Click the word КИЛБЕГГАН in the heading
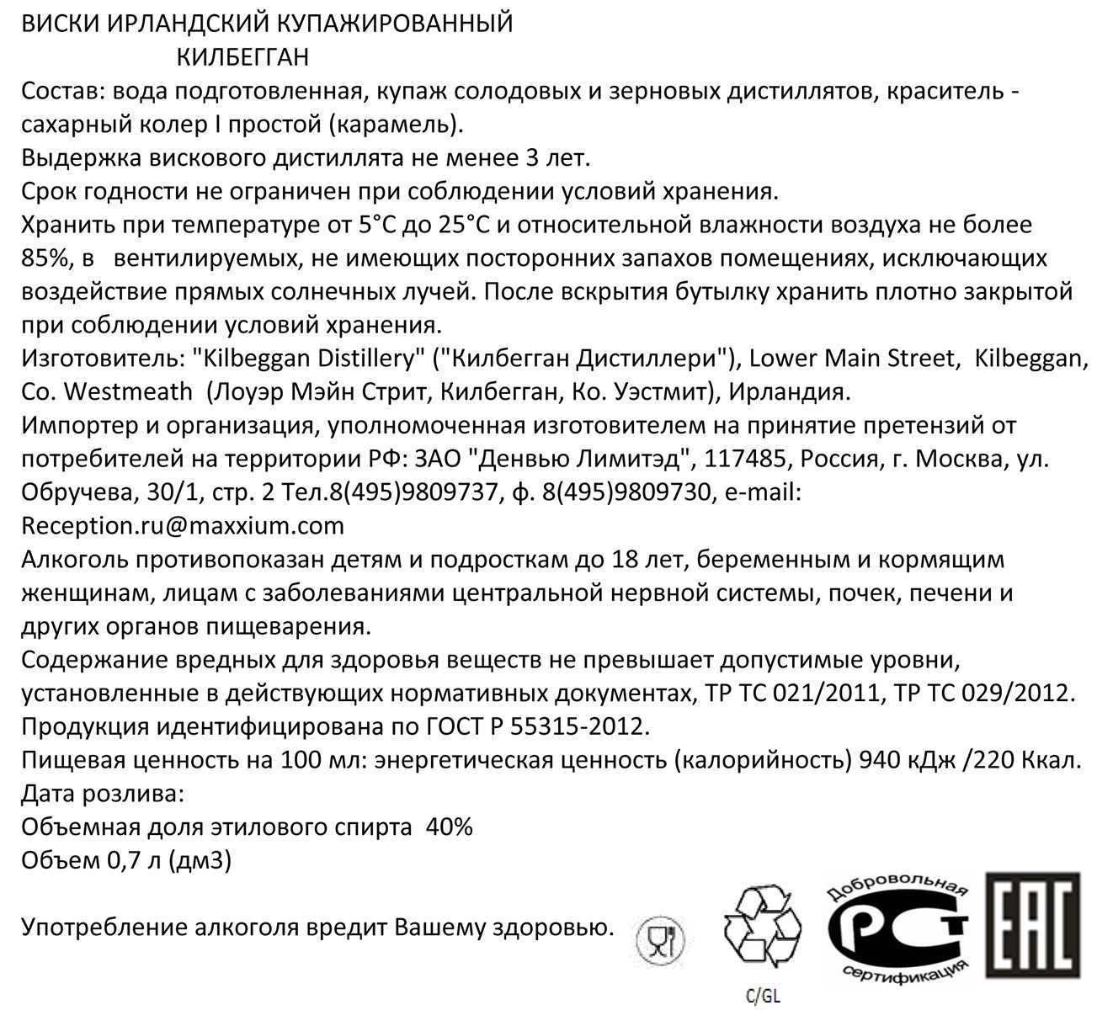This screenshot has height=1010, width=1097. pyautogui.click(x=242, y=56)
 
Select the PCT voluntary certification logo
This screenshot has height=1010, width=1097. pyautogui.click(x=897, y=928)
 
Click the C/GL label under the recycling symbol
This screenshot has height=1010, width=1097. pyautogui.click(x=763, y=996)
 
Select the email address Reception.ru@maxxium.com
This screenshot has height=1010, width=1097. pyautogui.click(x=183, y=526)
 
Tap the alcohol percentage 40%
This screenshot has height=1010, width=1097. pyautogui.click(x=450, y=827)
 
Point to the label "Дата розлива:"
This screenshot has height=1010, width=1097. pyautogui.click(x=102, y=794)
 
